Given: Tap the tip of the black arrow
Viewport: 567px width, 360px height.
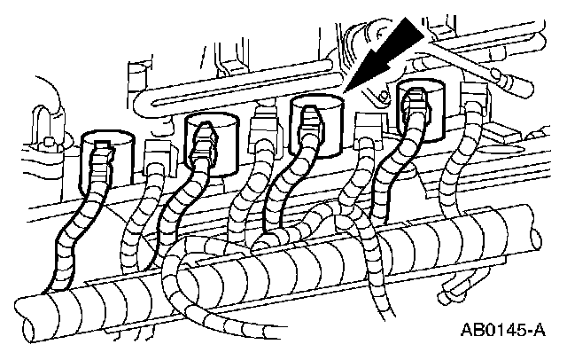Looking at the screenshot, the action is coord(350,90).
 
